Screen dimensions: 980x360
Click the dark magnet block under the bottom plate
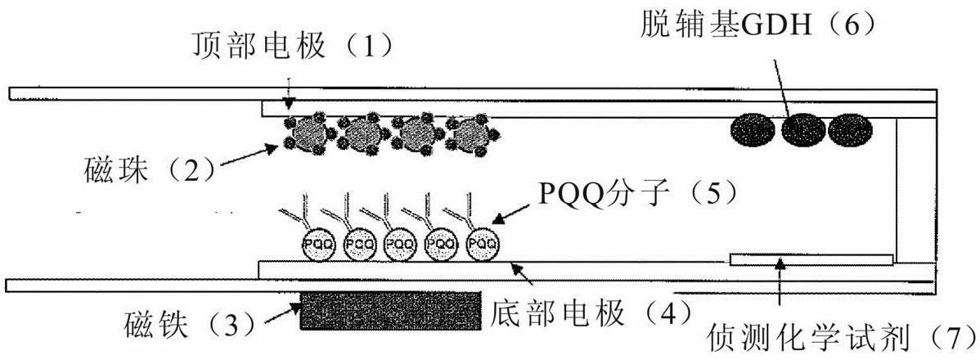tap(390, 310)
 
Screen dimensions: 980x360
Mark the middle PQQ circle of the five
tap(401, 243)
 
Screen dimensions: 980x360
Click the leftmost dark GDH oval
tap(753, 129)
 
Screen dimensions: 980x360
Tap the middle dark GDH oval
tap(802, 129)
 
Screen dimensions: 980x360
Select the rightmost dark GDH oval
tap(851, 129)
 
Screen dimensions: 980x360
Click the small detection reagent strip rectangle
tap(810, 259)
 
